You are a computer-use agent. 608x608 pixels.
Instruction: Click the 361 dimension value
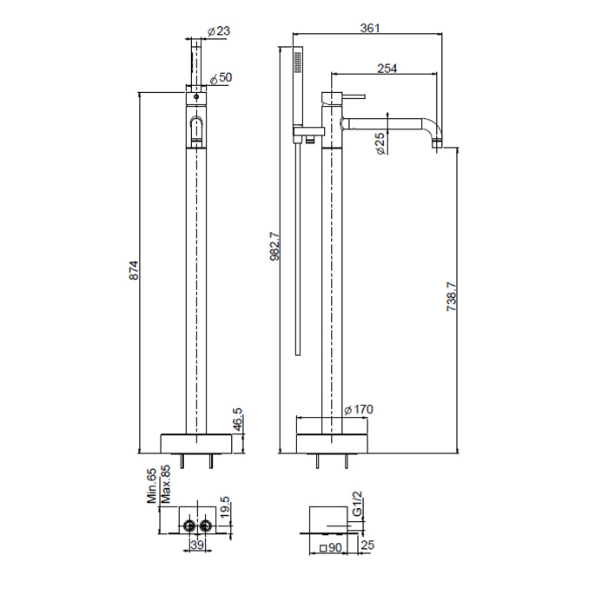tap(370, 28)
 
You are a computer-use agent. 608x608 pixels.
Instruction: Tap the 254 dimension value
tap(387, 69)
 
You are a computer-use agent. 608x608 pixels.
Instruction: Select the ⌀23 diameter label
tap(218, 30)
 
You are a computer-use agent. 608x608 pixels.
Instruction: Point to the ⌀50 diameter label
tap(221, 78)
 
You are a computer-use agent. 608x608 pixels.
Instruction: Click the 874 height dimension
tap(134, 270)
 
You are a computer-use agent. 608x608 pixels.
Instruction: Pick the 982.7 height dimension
tap(274, 246)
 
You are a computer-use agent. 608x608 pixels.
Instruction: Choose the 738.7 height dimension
tap(453, 297)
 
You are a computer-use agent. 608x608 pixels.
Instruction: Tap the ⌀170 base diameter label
tap(358, 409)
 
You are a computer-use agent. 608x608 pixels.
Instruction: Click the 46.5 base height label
tap(237, 420)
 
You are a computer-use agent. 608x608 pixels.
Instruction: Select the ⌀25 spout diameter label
tap(380, 143)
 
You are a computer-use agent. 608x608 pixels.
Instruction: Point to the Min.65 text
tap(152, 486)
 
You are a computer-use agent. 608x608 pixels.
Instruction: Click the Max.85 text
tap(166, 485)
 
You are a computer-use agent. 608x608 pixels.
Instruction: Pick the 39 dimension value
tap(197, 545)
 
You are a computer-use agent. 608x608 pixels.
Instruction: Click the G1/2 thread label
tap(357, 503)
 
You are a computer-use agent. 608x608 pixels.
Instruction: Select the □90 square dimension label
tap(331, 547)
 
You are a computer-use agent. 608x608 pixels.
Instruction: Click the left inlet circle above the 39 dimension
tap(190, 526)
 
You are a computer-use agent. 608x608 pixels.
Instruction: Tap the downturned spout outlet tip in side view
tap(437, 144)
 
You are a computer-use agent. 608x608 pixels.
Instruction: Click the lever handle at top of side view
tap(353, 96)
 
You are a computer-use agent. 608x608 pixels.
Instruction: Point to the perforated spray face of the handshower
tap(297, 62)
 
